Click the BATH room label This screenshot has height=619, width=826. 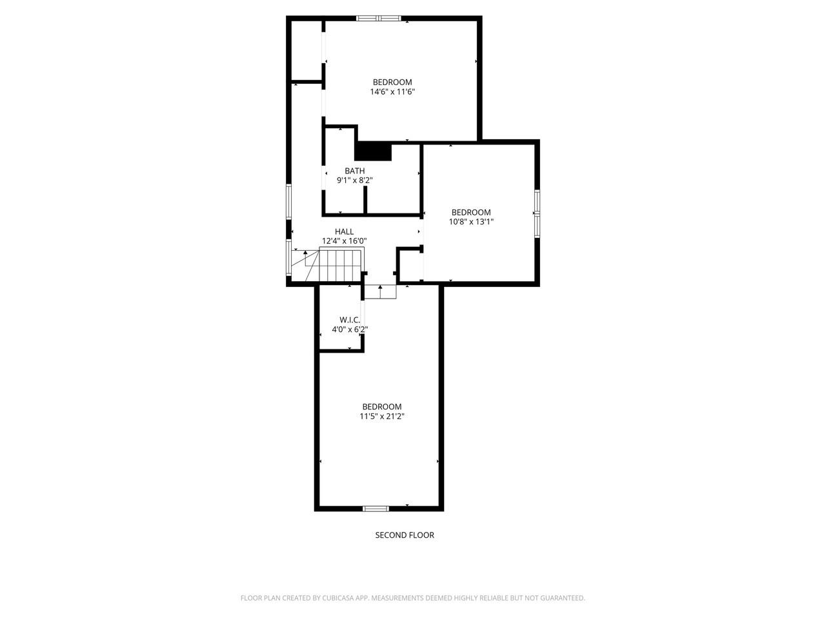pos(354,171)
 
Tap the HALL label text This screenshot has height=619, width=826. pos(344,231)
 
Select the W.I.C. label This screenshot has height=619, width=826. pos(350,320)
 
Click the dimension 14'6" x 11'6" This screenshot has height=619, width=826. pos(392,92)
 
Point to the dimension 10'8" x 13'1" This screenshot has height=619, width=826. pos(471,222)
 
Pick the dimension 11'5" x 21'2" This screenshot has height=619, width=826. pos(382,416)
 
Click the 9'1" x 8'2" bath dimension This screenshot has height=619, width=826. pos(355,181)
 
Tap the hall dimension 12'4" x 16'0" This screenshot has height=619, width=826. pos(344,241)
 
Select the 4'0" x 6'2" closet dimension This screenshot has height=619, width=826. pos(350,329)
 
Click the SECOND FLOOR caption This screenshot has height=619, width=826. pos(405,535)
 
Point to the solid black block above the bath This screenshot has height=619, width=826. pos(374,151)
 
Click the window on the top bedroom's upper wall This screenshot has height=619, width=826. pos(379,18)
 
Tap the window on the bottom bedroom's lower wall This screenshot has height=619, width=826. pos(376,509)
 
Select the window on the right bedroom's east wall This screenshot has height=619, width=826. pos(536,213)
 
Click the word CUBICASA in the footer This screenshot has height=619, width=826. pos(339,598)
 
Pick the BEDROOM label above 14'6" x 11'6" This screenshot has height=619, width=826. pos(392,82)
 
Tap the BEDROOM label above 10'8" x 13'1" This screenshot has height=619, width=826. pos(471,212)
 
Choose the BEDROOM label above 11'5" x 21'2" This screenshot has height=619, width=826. pos(382,406)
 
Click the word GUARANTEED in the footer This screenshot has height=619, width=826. pos(563,598)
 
